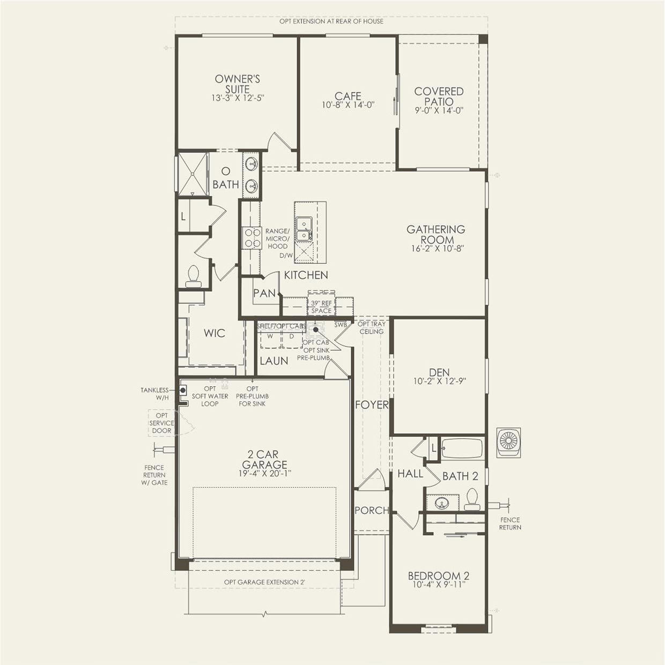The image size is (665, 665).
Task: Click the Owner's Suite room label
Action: coord(238,84)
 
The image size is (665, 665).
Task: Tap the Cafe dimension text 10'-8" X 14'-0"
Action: coord(348,105)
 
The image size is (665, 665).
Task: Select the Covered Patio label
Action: coord(439,97)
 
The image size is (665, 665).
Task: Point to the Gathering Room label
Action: coord(435,234)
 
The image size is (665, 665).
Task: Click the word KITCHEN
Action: coord(306,275)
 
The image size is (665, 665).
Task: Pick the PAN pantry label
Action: coord(264,293)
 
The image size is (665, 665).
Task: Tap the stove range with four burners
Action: coord(250,238)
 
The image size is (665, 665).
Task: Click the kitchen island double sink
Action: coord(304,228)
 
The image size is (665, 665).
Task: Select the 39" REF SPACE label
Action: coord(321,307)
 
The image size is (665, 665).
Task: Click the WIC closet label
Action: coord(214,334)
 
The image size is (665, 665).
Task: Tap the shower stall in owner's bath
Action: coord(193,173)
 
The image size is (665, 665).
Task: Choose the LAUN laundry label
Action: coord(274,361)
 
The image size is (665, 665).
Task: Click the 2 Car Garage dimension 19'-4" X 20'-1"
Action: coord(264,474)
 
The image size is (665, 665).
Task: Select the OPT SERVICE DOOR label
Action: coord(161,423)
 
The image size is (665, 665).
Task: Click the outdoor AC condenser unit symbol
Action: coord(508,442)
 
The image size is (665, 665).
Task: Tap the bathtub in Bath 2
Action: coord(462,448)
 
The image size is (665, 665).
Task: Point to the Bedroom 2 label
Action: coord(439,576)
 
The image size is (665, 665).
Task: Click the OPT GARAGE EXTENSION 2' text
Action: coord(264,582)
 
